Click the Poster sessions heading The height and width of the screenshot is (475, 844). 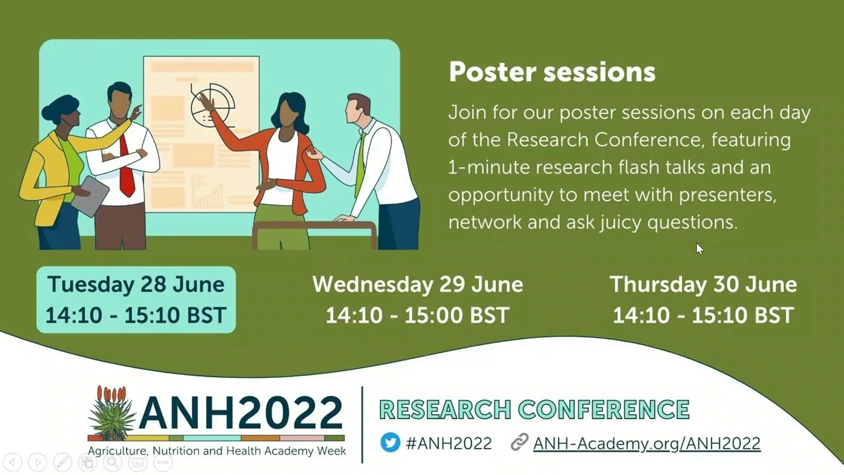[552, 72]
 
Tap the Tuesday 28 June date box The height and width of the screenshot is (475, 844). [136, 300]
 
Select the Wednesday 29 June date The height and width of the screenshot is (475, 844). [417, 284]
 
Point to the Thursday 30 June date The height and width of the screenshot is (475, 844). [703, 284]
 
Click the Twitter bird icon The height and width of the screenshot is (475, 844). [390, 443]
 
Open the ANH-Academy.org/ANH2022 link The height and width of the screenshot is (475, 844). [646, 443]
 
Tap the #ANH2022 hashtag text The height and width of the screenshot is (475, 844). [448, 443]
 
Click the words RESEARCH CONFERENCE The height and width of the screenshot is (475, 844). [534, 410]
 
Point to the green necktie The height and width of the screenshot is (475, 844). [360, 165]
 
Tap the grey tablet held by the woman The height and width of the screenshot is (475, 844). [90, 196]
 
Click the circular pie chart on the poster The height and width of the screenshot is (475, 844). [213, 106]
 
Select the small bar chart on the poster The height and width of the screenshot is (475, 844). [207, 193]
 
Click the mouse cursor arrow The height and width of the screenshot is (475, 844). [699, 248]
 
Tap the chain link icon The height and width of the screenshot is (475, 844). [520, 443]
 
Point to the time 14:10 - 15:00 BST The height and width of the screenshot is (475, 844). [417, 315]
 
